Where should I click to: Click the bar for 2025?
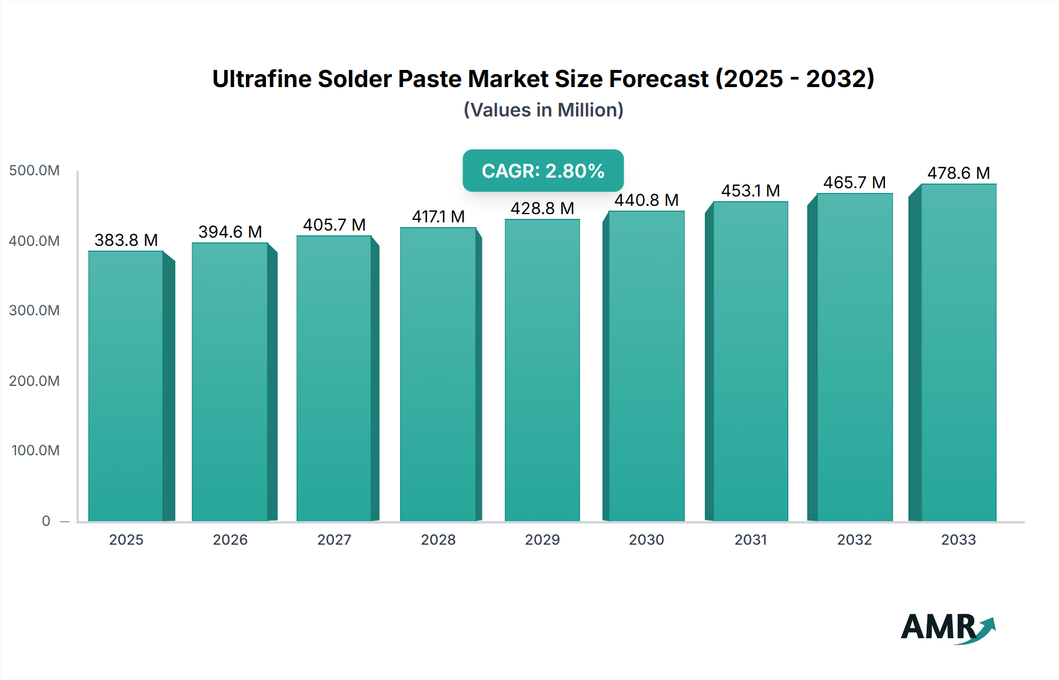coord(126,386)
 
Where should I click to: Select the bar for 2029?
coord(542,370)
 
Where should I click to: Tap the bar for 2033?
coord(958,352)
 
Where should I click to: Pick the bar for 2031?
coord(750,361)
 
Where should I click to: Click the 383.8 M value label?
coord(126,240)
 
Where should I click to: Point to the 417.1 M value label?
coord(438,216)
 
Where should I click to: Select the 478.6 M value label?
coord(958,173)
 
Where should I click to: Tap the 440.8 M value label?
coord(646,200)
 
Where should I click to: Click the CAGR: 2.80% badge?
coord(543,171)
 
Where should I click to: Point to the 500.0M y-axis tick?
coord(34,171)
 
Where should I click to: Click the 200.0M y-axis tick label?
coord(34,381)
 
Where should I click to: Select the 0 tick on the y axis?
coord(46,521)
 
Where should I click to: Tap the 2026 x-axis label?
coord(230,539)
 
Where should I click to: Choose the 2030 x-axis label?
coord(646,539)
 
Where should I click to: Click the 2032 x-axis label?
coord(854,539)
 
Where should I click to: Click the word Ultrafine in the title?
coord(261,79)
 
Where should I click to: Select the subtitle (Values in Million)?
coord(543,110)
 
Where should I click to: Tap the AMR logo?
coord(947,628)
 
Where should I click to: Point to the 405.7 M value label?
coord(334,225)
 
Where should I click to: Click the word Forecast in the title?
coord(658,79)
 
